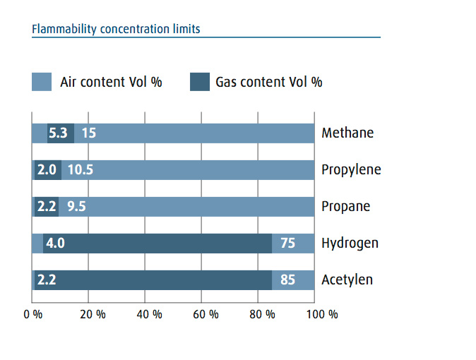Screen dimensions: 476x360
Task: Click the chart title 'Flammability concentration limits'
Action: (116, 29)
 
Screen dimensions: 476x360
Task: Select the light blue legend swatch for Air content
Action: (42, 82)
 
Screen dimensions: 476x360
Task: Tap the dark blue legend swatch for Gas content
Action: (200, 82)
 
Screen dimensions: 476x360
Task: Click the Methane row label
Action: (347, 133)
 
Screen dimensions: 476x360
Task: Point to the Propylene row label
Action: (351, 170)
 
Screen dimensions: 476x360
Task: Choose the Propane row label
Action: (346, 207)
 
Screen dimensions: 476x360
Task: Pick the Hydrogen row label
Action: (350, 244)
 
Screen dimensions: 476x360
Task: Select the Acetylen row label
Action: (347, 280)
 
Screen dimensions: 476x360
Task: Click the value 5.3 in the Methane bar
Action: (58, 133)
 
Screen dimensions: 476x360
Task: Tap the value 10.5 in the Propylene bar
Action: (80, 169)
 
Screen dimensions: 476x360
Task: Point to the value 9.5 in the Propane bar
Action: (76, 206)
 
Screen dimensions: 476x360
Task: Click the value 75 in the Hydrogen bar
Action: (287, 243)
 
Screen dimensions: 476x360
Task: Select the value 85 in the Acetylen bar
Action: (287, 280)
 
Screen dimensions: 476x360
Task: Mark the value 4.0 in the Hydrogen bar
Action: (55, 243)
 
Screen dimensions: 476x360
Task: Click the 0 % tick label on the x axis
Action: (32, 314)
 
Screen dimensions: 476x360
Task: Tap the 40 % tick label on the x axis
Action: (149, 314)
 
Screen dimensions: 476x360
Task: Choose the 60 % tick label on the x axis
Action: (206, 314)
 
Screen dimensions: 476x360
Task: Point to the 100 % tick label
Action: (322, 314)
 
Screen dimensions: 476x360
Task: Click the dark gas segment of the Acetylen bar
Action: (153, 280)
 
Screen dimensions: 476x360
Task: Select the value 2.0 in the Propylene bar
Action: (47, 169)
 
